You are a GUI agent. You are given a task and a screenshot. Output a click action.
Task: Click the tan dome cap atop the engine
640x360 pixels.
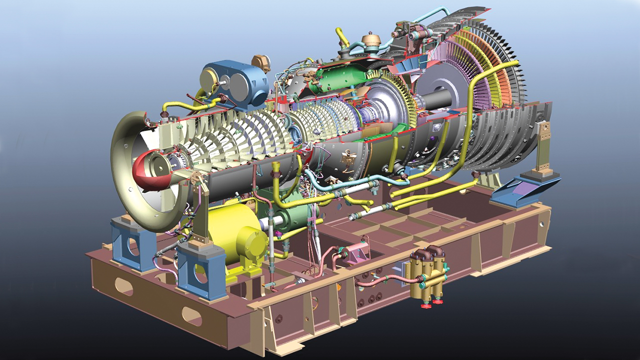pyautogui.click(x=371, y=39)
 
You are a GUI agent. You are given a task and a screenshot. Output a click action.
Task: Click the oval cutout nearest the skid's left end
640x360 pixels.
pyautogui.click(x=123, y=286)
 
